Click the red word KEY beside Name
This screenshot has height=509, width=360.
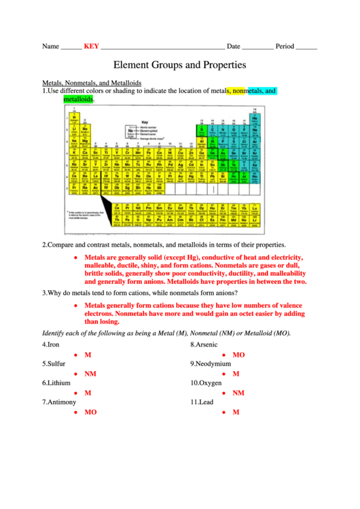tap(91, 47)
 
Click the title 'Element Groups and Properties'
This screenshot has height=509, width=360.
tap(179, 66)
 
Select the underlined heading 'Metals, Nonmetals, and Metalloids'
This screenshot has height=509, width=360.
tap(92, 82)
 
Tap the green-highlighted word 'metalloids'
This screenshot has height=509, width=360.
tap(78, 99)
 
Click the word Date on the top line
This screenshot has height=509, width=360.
tap(233, 47)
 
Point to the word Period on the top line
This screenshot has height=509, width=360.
tap(285, 47)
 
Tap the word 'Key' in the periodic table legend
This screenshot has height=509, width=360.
tap(145, 123)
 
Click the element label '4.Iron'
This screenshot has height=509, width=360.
tap(52, 345)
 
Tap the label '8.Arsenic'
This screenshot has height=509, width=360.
tap(204, 345)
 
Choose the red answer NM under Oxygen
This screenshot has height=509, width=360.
tap(238, 393)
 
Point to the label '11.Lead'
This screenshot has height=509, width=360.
tap(202, 402)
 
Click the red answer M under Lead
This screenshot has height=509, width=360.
tap(236, 412)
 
